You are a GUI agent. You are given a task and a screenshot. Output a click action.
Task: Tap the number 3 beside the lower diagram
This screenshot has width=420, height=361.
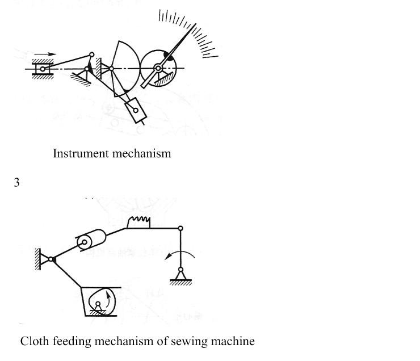[17, 183]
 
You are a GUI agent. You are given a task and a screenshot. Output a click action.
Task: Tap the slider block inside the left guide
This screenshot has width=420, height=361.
[42, 69]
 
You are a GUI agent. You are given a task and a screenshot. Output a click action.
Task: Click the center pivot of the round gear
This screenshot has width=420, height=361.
[158, 69]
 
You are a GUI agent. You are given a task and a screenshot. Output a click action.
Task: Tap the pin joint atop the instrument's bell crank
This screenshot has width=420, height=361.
[92, 54]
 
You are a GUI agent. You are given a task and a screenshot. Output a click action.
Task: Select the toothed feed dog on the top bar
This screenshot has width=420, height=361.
[138, 222]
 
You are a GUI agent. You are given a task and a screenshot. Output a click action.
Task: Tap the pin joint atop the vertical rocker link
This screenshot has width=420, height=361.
[180, 228]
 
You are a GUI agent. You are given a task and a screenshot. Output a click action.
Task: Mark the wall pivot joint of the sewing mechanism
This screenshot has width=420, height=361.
[51, 259]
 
